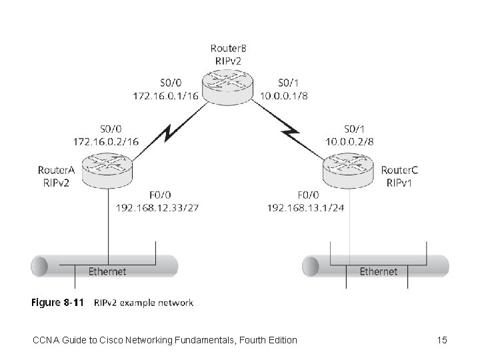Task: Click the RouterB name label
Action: click(229, 48)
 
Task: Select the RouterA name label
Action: click(55, 170)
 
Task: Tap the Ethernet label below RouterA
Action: click(107, 271)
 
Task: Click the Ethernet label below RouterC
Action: click(378, 271)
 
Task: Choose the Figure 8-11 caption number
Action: click(58, 303)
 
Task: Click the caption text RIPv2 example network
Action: click(144, 303)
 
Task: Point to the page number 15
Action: click(441, 341)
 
